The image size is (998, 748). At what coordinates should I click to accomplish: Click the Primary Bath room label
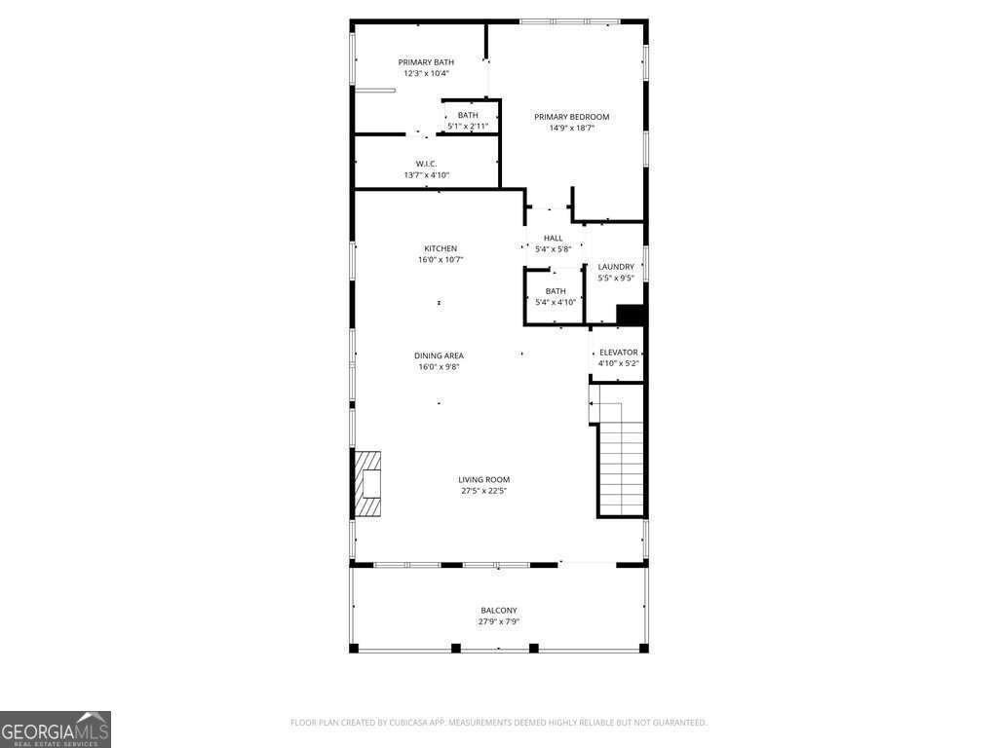point(426,62)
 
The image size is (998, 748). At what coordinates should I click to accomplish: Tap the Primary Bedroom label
point(571,117)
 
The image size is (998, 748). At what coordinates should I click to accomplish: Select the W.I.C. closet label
point(427,164)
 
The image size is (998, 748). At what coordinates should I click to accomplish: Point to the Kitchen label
point(441,248)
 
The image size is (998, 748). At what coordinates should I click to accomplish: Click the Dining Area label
point(439,356)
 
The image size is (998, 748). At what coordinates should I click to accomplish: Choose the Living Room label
point(483,480)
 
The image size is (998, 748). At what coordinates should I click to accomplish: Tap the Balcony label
point(499,611)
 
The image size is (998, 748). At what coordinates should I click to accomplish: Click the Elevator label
point(619,353)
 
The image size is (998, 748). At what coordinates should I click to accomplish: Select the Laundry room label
point(616,267)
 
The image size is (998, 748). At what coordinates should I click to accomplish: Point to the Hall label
point(554,239)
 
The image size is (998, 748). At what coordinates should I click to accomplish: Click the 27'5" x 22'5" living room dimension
point(483,491)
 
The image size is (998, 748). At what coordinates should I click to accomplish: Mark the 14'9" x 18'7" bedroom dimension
point(571,128)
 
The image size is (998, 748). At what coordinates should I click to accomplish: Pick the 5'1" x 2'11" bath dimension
point(468,127)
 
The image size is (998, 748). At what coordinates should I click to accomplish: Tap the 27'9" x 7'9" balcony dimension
point(499,621)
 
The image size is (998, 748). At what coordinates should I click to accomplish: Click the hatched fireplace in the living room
point(367,483)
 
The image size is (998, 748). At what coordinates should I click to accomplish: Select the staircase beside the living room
point(620,458)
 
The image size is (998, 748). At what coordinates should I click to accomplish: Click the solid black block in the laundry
point(631,315)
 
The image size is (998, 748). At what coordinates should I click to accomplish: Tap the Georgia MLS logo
point(56,729)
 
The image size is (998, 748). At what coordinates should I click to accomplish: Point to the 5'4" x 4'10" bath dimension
point(556,303)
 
